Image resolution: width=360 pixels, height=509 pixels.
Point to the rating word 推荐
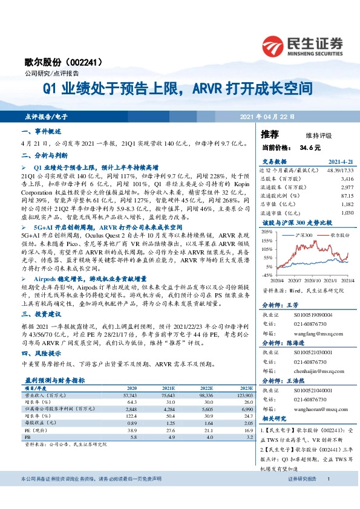pos(270,134)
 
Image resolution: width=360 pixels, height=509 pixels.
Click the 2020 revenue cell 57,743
pos(129,394)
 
